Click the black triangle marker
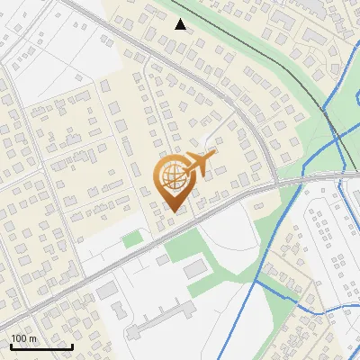181,24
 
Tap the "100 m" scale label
23,338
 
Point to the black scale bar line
41,346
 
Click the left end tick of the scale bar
11,345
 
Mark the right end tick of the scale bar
72,345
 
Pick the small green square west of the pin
132,238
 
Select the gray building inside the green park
195,268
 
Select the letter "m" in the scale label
31,338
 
